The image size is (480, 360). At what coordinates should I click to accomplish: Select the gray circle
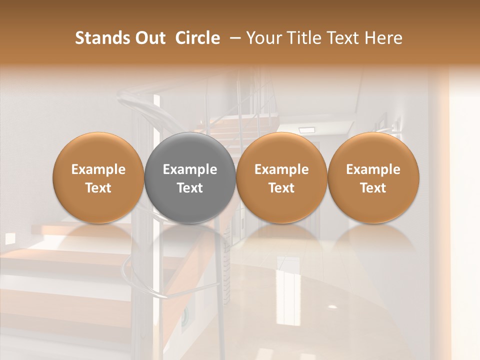tap(190, 177)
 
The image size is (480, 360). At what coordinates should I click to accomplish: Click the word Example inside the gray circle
tap(190, 169)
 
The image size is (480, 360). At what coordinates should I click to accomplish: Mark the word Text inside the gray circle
tap(190, 188)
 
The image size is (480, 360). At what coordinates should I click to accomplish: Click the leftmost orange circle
tap(98, 177)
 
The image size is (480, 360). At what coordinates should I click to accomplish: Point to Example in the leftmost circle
tap(98, 169)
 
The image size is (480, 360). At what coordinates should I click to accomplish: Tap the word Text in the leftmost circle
tap(98, 188)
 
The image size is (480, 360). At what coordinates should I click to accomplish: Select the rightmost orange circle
tap(373, 177)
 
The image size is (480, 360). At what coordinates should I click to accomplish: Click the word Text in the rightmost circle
tap(373, 188)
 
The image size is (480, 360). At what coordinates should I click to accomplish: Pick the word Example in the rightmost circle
tap(373, 169)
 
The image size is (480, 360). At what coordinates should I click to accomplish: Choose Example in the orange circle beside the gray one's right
tap(281, 169)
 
